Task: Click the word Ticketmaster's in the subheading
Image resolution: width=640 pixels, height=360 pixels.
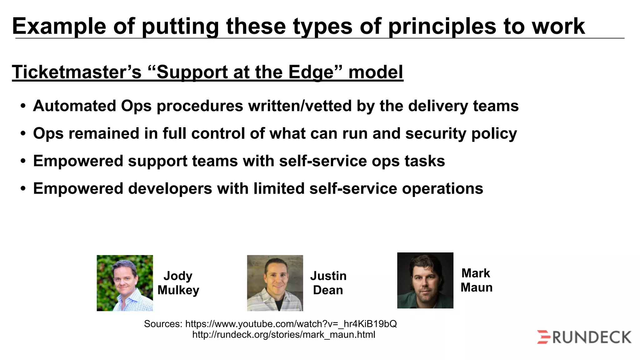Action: (77, 72)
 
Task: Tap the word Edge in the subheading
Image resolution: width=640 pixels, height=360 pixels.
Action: (311, 72)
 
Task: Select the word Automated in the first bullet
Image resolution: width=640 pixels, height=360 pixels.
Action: (74, 106)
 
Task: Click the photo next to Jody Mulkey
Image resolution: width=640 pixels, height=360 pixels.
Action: (125, 283)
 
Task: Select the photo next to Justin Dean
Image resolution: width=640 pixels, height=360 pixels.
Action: (275, 283)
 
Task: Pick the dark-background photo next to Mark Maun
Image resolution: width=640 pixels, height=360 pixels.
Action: (425, 280)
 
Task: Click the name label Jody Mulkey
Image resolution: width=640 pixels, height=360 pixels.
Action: (178, 283)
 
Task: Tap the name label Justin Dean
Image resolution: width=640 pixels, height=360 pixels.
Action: (328, 283)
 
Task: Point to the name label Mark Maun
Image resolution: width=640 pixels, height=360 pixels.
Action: (476, 280)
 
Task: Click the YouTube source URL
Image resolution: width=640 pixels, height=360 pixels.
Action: (291, 324)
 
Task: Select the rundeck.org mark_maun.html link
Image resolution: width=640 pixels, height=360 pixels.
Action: (283, 335)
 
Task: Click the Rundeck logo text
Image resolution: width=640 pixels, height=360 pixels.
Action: (592, 337)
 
